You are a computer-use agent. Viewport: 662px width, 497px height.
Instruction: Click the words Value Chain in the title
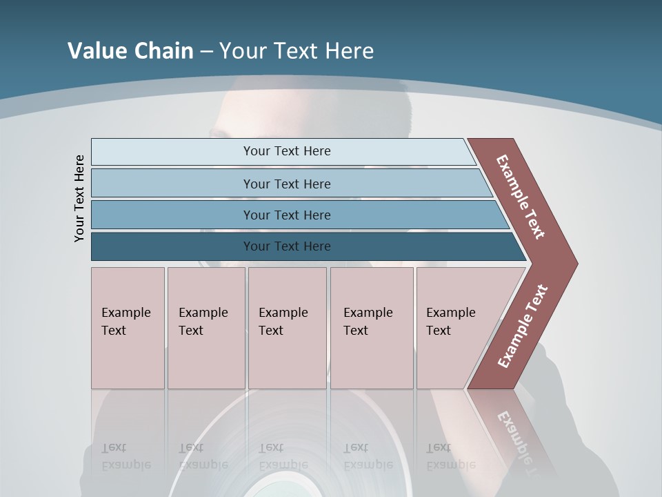pos(130,51)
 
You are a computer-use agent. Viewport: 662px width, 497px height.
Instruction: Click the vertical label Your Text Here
pos(79,198)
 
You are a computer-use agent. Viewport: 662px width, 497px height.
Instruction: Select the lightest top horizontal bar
pos(283,151)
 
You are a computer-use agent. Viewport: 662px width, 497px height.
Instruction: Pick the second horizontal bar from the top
pos(290,184)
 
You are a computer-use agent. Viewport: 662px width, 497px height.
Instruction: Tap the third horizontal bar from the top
pos(297,215)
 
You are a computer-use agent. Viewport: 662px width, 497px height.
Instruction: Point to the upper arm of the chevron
pos(521,197)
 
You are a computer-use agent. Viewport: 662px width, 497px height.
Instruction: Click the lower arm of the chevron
pos(523,326)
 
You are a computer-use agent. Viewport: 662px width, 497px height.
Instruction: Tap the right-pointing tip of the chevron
pos(569,263)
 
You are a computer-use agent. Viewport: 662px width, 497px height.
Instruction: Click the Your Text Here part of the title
pos(297,51)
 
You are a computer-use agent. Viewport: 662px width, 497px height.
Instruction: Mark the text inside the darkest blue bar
pos(287,246)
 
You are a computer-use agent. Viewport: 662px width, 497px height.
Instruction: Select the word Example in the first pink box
pos(126,313)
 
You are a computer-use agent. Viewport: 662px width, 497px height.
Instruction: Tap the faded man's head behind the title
pos(317,117)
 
